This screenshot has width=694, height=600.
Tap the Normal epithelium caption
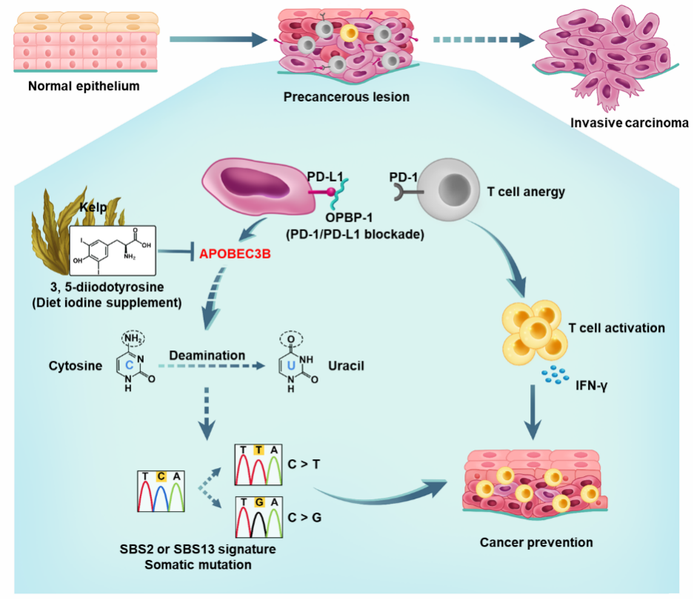click(84, 86)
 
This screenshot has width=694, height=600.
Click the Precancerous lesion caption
click(347, 97)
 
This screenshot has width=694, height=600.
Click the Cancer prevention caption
click(535, 542)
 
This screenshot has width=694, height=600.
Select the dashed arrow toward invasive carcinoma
click(481, 39)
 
